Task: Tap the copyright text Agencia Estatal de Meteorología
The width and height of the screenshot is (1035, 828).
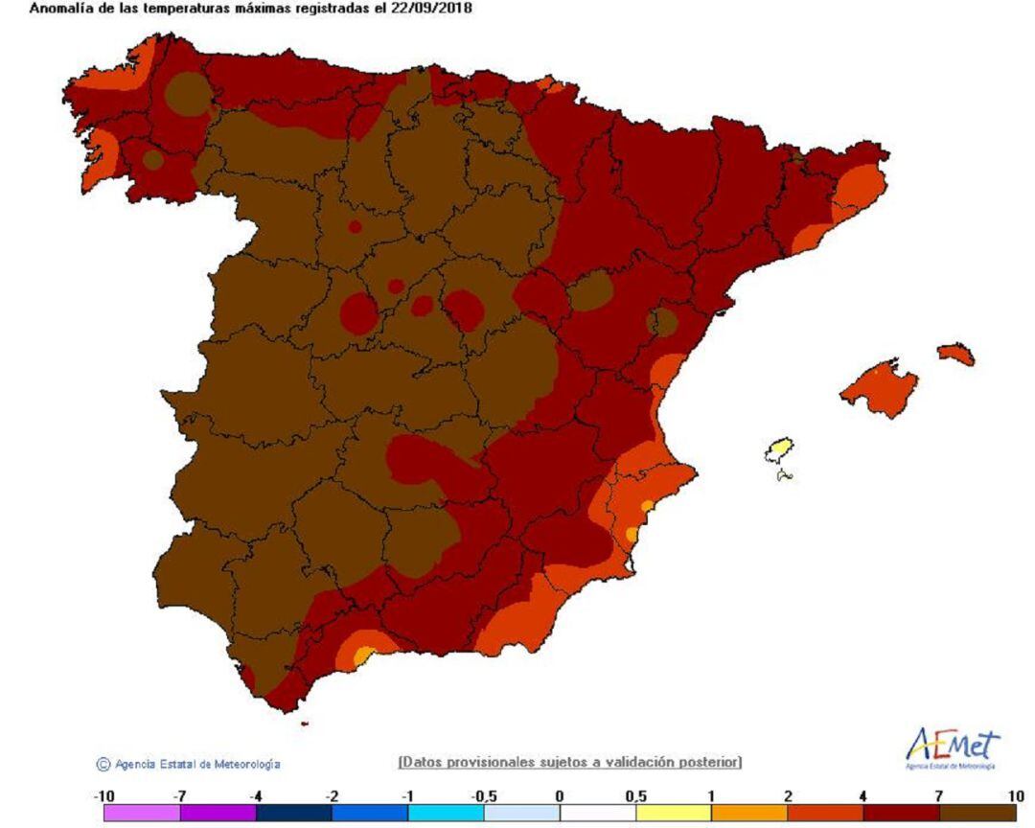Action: click(x=196, y=764)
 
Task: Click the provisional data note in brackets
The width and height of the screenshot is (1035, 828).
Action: click(x=569, y=762)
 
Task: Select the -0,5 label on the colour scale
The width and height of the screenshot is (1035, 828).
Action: click(x=483, y=796)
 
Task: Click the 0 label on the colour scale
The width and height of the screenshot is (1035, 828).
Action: click(x=559, y=796)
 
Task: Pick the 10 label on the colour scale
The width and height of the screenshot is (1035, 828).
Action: click(x=1015, y=796)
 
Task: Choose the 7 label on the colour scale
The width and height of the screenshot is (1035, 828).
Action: click(x=939, y=796)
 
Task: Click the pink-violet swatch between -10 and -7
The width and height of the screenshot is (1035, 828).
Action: click(x=142, y=813)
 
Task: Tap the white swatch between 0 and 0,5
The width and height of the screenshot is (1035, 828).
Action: click(x=597, y=813)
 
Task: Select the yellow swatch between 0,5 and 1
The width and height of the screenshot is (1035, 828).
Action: click(x=673, y=813)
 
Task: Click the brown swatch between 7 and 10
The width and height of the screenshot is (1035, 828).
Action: click(x=977, y=813)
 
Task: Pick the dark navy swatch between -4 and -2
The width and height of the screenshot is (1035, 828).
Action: click(x=294, y=813)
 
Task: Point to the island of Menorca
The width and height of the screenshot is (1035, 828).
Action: click(x=956, y=354)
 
